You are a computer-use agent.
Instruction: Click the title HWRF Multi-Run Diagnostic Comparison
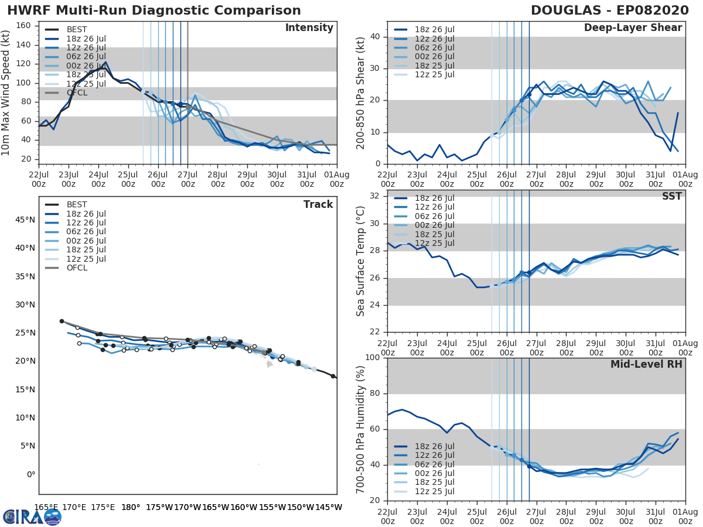(153, 11)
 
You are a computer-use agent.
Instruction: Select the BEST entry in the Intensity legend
(77, 29)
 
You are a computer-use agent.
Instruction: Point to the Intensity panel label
(309, 28)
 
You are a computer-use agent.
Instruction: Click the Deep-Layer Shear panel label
(633, 28)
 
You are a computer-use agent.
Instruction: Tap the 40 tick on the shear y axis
(376, 37)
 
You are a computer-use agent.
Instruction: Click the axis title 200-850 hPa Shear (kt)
(361, 92)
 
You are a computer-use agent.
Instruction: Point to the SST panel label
(671, 196)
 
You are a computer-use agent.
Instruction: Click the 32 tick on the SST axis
(376, 196)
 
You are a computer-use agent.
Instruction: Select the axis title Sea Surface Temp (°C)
(361, 261)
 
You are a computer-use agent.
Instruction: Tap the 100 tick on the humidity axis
(373, 358)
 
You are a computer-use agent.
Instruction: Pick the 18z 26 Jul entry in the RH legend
(433, 446)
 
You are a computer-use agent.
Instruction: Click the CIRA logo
(32, 516)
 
